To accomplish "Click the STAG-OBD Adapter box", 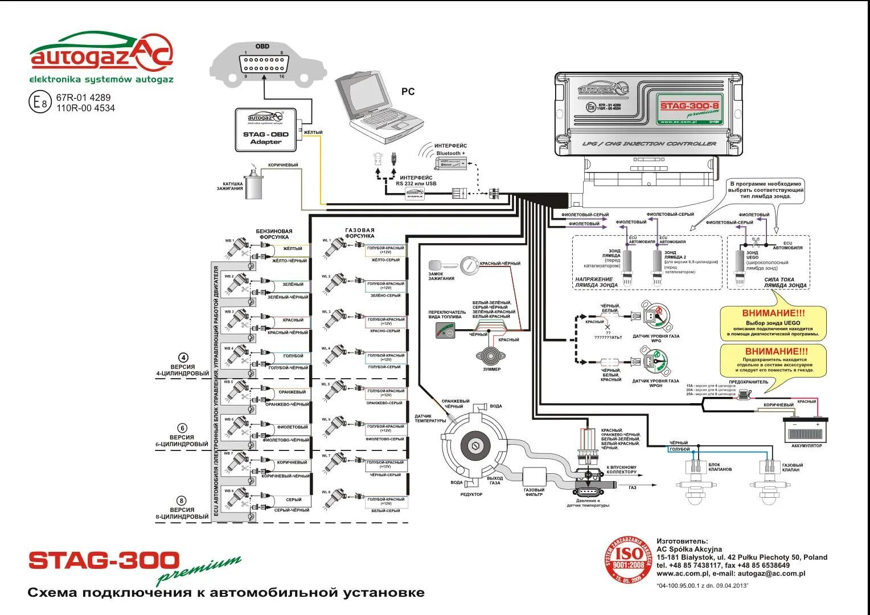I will point(266,130).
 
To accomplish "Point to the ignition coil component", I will point(253,183).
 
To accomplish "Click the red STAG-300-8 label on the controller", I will point(689,105).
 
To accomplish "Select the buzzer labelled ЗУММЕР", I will point(490,356).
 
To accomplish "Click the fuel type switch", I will point(445,330).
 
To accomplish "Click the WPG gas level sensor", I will point(655,316).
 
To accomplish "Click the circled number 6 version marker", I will point(182,428).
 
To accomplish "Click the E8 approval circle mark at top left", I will point(39,102).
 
